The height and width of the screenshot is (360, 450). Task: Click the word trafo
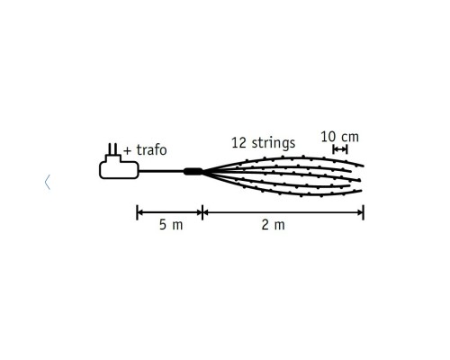point(151,150)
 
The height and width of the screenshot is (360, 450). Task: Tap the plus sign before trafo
point(128,150)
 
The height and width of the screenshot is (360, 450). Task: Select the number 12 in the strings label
point(238,143)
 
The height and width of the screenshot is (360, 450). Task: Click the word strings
point(274,143)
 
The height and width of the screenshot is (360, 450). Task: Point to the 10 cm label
point(339,137)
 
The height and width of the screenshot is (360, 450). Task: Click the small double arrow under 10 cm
point(340,149)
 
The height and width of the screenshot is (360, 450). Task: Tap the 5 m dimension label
point(171,225)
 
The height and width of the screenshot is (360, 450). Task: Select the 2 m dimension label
point(273,225)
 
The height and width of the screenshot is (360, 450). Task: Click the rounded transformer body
point(119,170)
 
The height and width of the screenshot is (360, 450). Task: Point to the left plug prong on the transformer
point(110,149)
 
